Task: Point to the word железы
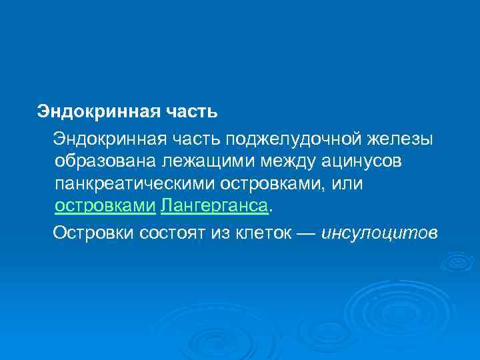click(x=403, y=138)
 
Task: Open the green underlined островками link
click(x=105, y=207)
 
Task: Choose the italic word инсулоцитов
click(x=379, y=233)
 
